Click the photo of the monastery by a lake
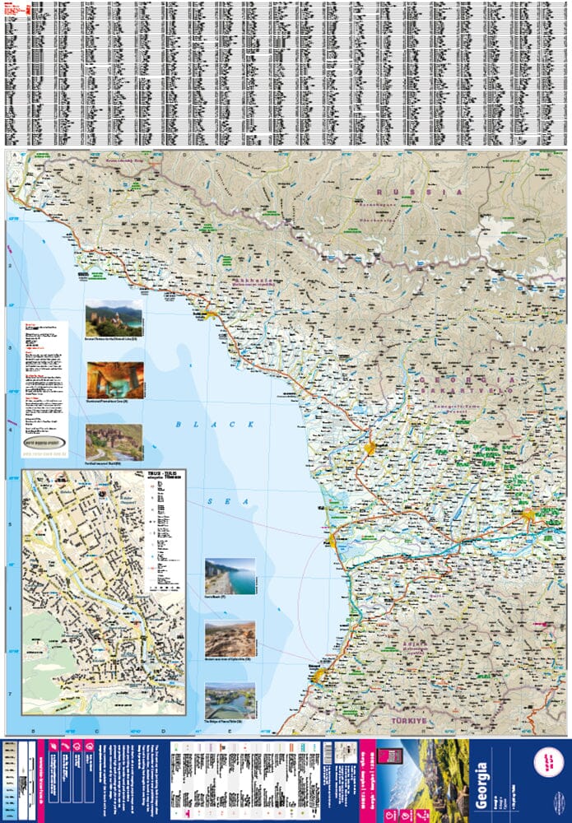114,317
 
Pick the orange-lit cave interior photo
115,380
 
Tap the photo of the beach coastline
230,577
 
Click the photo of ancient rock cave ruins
230,639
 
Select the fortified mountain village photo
114,442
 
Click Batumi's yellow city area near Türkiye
321,675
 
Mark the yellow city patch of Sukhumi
212,314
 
